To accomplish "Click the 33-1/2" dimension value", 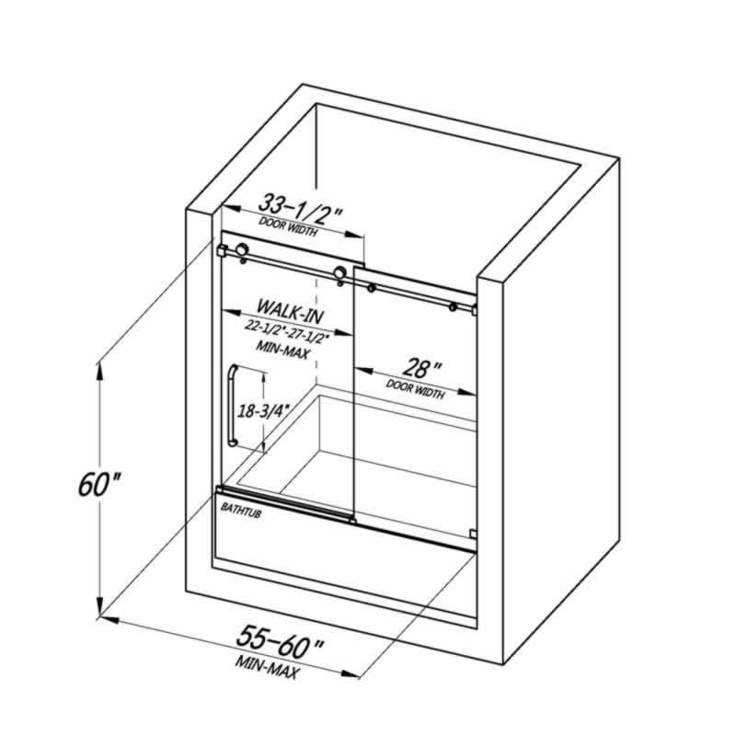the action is [x=300, y=210].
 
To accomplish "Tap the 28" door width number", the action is [x=421, y=369].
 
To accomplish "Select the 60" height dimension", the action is [x=99, y=484].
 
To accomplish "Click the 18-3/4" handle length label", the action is [x=262, y=410].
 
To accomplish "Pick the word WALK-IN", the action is [x=290, y=310].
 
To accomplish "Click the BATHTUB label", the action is [x=241, y=511].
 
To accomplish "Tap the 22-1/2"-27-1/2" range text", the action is [x=286, y=332].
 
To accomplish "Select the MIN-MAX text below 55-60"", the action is [x=267, y=667].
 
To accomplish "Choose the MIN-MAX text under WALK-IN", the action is [x=282, y=350].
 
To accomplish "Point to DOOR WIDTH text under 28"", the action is [x=415, y=389].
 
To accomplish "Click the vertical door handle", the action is [x=232, y=405].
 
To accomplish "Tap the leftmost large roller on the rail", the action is [x=242, y=249].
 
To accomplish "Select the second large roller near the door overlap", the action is [x=339, y=272].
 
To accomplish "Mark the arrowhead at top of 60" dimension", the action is [x=99, y=374].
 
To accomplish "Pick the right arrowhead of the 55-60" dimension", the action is [x=350, y=673].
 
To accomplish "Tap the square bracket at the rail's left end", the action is [x=223, y=250].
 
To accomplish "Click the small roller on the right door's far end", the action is [x=453, y=307].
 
